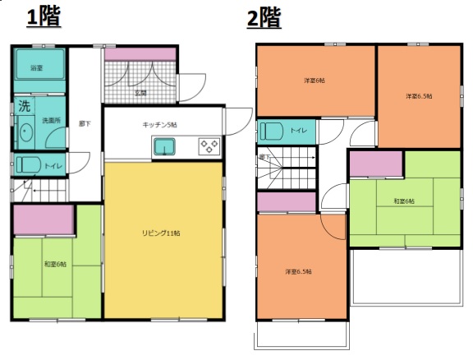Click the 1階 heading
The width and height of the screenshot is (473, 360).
point(44,17)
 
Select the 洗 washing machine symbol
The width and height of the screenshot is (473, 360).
point(25,107)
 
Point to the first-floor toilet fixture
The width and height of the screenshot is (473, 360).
point(27,164)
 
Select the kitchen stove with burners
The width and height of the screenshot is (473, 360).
point(209,147)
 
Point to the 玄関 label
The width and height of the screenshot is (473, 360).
point(141,92)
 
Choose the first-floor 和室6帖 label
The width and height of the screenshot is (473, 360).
point(56,264)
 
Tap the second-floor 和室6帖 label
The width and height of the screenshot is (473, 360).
point(403,201)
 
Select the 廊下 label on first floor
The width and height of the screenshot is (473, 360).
point(83,123)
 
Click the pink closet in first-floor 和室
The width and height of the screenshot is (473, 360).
point(44,219)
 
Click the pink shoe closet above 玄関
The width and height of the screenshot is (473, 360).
point(140,54)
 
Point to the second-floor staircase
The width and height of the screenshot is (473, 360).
point(296,169)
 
